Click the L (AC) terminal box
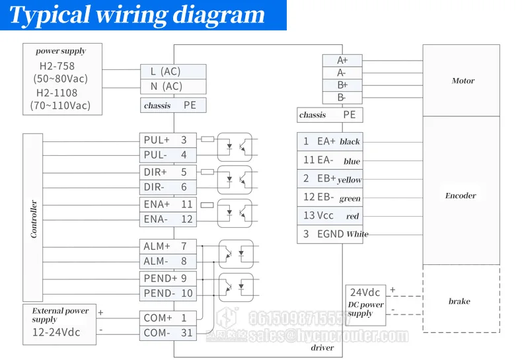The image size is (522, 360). [x=173, y=71]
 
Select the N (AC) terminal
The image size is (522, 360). [x=173, y=87]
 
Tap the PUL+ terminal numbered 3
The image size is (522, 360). [x=168, y=140]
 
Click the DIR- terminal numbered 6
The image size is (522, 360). [x=168, y=188]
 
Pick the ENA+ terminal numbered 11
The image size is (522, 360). [x=168, y=204]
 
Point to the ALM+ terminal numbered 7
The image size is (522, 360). [x=168, y=246]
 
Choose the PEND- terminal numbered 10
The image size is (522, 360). [x=168, y=293]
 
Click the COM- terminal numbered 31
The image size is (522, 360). [x=168, y=333]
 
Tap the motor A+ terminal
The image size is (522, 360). [x=342, y=60]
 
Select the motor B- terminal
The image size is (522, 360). [x=342, y=98]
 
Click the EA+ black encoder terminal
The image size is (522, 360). [x=330, y=142]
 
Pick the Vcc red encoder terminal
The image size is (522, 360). [x=330, y=215]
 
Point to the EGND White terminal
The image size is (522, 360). [x=330, y=234]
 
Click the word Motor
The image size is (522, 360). [x=463, y=81]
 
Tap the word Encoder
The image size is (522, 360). [x=461, y=196]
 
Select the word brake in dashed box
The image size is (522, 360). [x=459, y=301]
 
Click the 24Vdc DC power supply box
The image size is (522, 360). [x=365, y=305]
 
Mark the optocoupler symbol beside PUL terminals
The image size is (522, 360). [x=235, y=147]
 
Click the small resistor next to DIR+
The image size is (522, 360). [x=207, y=172]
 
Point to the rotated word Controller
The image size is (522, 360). [x=34, y=219]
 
